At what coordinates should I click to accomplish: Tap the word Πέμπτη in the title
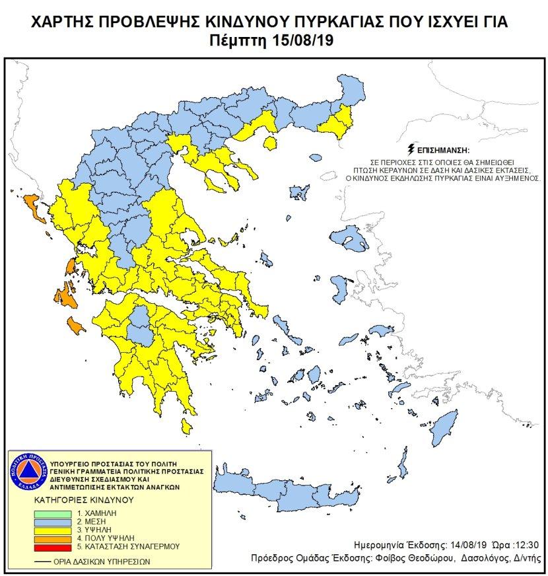pos(244,40)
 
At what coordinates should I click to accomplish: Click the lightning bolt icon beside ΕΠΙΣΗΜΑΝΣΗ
pos(413,150)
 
